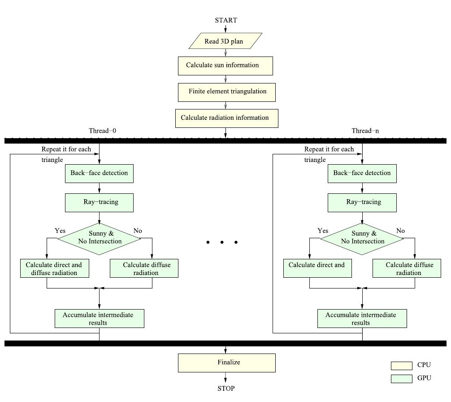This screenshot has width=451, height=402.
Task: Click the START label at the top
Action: (x=225, y=20)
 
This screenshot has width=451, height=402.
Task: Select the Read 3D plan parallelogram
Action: (x=225, y=41)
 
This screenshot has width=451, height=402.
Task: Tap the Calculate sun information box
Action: (x=225, y=66)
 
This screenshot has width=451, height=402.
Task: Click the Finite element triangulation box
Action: (x=226, y=92)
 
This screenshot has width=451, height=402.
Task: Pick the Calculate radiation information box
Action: (x=226, y=118)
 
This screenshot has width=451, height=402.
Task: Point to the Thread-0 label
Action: (x=102, y=131)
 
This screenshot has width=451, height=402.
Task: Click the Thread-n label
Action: (x=365, y=131)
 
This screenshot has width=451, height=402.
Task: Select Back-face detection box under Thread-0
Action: (x=99, y=173)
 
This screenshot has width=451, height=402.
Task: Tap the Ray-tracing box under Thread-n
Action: (x=362, y=202)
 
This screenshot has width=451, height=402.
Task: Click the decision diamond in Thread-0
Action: (x=99, y=238)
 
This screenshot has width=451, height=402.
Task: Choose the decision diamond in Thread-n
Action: (x=362, y=238)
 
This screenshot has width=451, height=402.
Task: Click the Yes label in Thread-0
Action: (x=60, y=231)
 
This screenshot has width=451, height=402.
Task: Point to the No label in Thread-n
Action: (x=400, y=231)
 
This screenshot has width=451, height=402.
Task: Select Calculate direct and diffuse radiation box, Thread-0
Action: (x=54, y=268)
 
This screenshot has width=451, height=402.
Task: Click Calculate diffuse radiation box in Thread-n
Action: (x=407, y=268)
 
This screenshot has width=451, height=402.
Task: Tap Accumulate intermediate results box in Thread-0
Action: (x=99, y=319)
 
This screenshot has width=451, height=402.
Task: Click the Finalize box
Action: (x=226, y=363)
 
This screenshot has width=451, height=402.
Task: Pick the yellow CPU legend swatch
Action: (x=401, y=366)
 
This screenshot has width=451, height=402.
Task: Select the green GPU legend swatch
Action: (x=401, y=379)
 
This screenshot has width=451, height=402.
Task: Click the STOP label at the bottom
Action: (x=225, y=389)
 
